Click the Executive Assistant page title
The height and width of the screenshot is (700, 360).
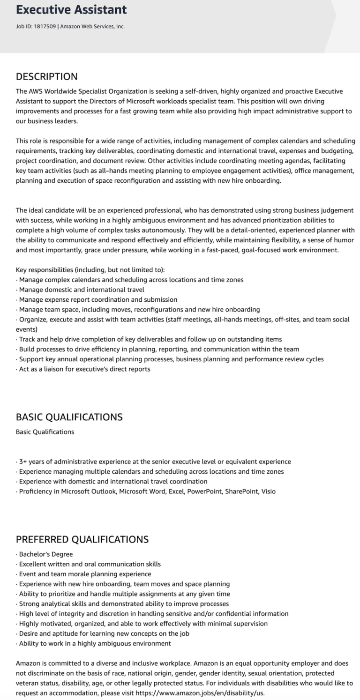click(71, 10)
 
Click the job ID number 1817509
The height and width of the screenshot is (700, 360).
click(45, 27)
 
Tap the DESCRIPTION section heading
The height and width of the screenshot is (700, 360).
click(46, 77)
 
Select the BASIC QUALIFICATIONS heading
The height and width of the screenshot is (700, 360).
click(69, 417)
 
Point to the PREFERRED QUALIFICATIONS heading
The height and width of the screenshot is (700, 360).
click(82, 539)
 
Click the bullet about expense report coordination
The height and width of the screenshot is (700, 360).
click(98, 299)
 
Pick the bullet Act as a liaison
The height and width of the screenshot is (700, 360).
click(84, 369)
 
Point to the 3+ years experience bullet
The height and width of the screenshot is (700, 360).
click(155, 462)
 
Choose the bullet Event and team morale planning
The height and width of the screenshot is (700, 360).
click(85, 574)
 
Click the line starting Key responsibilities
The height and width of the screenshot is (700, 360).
click(90, 270)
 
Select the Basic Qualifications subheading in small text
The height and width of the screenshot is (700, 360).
click(45, 432)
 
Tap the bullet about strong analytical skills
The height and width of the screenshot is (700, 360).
click(124, 603)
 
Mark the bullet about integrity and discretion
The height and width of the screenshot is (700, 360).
click(153, 613)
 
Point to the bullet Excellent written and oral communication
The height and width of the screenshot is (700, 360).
click(90, 564)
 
